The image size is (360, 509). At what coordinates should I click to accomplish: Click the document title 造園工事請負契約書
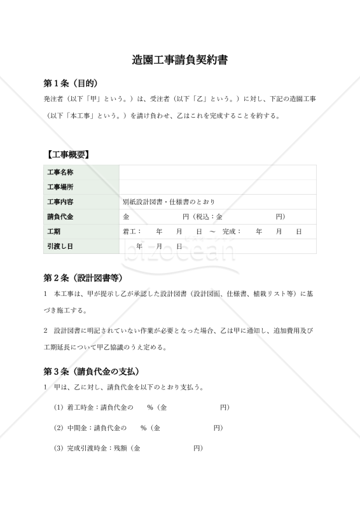(x=180, y=60)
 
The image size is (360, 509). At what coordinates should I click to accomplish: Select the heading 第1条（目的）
(x=70, y=83)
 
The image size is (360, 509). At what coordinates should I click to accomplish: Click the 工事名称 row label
(x=60, y=172)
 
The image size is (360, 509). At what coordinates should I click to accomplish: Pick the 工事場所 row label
(x=60, y=187)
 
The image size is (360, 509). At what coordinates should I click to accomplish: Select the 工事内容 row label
(x=60, y=202)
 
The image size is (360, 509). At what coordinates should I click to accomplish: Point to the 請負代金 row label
(x=60, y=217)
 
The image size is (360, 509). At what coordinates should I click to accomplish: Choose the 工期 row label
(x=53, y=232)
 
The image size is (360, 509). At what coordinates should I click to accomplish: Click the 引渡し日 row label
(x=60, y=246)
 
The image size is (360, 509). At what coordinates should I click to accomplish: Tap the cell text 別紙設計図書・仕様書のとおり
(x=169, y=202)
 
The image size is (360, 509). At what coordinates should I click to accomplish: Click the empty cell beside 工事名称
(x=218, y=172)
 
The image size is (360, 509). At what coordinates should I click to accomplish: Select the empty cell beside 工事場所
(x=218, y=187)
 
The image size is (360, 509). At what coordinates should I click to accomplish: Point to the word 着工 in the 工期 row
(x=130, y=232)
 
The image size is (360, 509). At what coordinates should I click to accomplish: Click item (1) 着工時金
(x=80, y=407)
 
